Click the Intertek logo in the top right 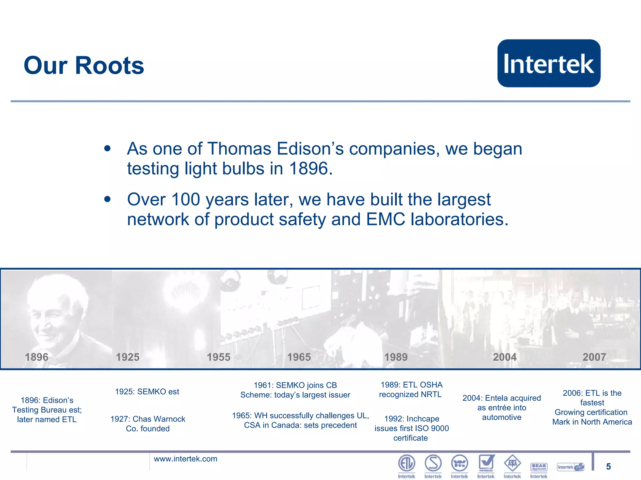pyautogui.click(x=549, y=63)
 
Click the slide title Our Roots pyautogui.click(x=84, y=66)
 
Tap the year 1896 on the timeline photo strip pyautogui.click(x=37, y=357)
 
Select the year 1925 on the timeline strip pyautogui.click(x=127, y=357)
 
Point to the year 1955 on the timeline pyautogui.click(x=218, y=357)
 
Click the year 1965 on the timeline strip pyautogui.click(x=299, y=357)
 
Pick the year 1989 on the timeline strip pyautogui.click(x=396, y=357)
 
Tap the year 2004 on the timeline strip pyautogui.click(x=505, y=357)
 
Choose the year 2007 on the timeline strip pyautogui.click(x=594, y=357)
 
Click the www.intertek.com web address pyautogui.click(x=185, y=459)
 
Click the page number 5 pyautogui.click(x=608, y=467)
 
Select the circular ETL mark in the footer pyautogui.click(x=407, y=463)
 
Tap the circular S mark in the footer pyautogui.click(x=433, y=463)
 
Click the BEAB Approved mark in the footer pyautogui.click(x=539, y=467)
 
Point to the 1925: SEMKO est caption pyautogui.click(x=147, y=392)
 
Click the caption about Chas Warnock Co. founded pyautogui.click(x=148, y=423)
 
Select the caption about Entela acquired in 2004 pyautogui.click(x=501, y=407)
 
